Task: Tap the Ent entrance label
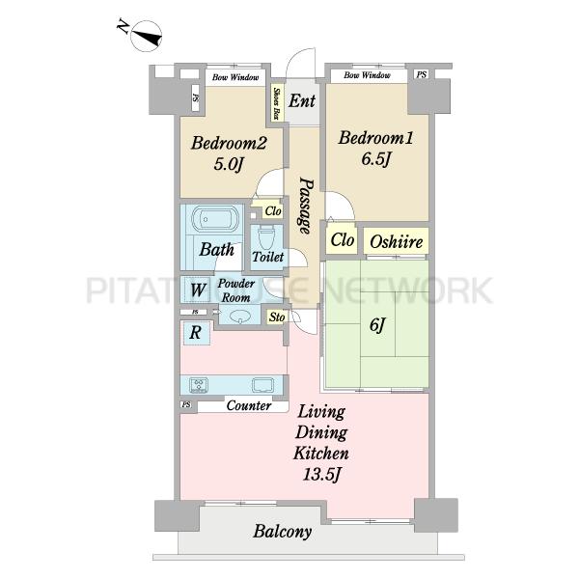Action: click(302, 100)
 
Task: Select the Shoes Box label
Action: click(276, 103)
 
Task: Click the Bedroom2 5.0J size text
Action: click(229, 164)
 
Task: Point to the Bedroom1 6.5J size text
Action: click(376, 159)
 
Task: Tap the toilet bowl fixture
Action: click(266, 237)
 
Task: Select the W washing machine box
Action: click(198, 289)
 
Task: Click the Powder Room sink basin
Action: click(240, 317)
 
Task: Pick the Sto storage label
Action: click(277, 317)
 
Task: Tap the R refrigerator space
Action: click(195, 333)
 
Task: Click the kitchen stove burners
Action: click(199, 385)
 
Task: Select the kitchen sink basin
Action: click(262, 385)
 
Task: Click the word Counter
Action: click(249, 405)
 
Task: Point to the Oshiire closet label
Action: click(397, 242)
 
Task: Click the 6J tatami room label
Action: click(377, 325)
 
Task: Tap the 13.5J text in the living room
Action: click(321, 474)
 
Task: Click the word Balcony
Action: click(283, 532)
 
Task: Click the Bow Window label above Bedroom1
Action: click(367, 75)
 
